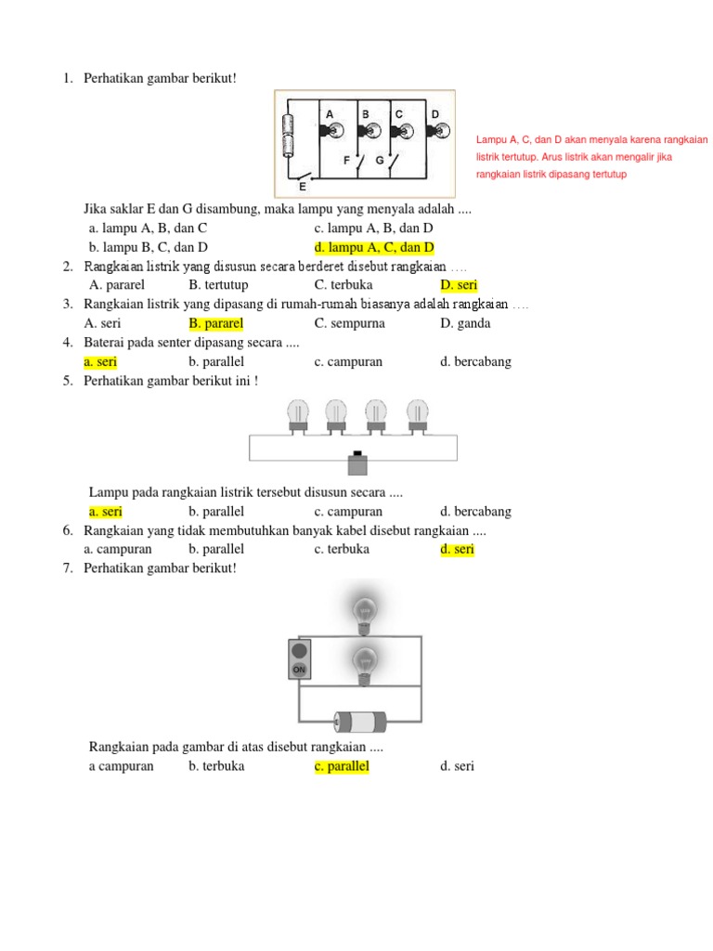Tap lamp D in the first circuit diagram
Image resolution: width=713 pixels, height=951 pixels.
coord(435,130)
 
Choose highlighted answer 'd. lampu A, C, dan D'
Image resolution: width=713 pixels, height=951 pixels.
coord(374,247)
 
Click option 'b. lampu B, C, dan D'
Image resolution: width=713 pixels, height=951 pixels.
coord(148,247)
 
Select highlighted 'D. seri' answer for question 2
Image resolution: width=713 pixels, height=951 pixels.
coord(459,285)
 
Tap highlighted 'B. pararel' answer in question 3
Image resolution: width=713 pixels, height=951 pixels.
coord(215,323)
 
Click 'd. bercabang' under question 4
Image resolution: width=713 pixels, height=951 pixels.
coord(475,361)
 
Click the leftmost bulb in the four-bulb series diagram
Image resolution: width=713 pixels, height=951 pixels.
coord(298,415)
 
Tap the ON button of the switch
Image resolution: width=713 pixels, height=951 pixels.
coord(299,669)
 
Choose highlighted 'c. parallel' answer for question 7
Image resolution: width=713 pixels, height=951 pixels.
coord(342,766)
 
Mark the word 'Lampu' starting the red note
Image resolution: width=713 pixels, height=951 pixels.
coord(491,139)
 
